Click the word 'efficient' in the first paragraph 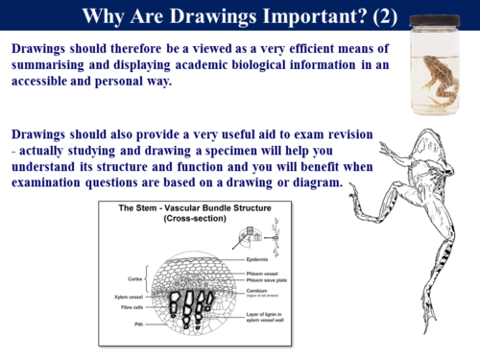point(269,48)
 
